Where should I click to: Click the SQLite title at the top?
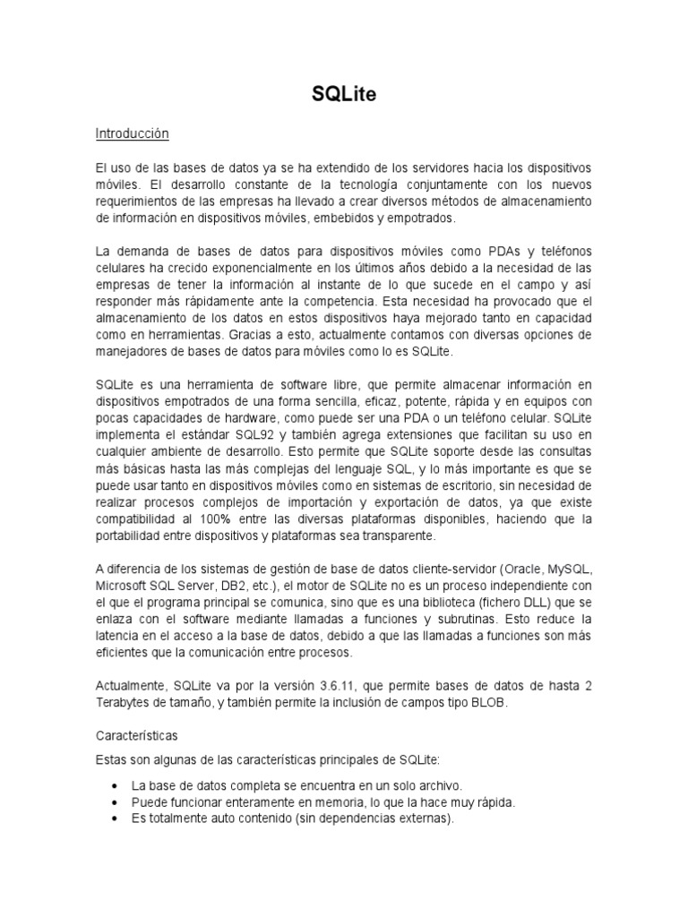[344, 95]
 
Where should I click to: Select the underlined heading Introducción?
[132, 133]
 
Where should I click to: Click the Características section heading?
[137, 735]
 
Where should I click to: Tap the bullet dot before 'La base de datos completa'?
[114, 785]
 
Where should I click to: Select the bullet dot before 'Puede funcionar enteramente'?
[114, 801]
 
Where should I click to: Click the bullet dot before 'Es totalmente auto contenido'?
[114, 818]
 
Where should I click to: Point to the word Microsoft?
[124, 586]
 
